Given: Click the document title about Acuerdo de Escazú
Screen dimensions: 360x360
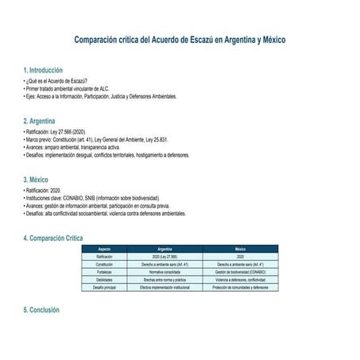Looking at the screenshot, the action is point(180,39).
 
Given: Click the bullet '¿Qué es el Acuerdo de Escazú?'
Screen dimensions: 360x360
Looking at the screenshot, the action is point(56,82).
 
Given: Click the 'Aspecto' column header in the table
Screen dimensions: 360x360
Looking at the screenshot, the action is point(104,249).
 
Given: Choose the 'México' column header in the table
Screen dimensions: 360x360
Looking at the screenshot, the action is point(240,249).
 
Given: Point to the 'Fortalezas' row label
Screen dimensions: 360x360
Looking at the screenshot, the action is point(104,272).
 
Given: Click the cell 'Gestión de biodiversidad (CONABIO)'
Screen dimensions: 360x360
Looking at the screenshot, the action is point(240,272).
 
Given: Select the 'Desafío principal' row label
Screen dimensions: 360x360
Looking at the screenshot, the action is point(104,287).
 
